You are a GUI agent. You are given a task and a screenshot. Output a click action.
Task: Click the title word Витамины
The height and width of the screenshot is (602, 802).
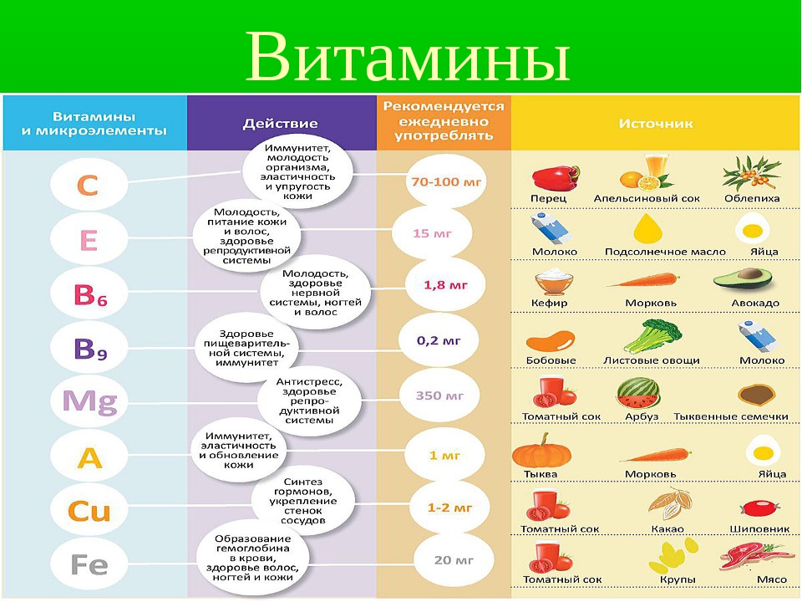pos(408,56)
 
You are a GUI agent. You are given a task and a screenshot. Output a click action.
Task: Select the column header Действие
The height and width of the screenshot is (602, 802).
pos(280,124)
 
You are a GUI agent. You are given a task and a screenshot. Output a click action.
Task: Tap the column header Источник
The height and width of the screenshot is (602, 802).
pos(656,124)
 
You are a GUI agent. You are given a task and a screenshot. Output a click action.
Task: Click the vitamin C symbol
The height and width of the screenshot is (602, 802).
pos(88,185)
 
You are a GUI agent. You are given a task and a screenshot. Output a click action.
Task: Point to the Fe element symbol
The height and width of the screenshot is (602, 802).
pos(89,565)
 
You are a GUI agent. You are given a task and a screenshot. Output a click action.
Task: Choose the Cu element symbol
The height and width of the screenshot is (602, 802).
pos(89,511)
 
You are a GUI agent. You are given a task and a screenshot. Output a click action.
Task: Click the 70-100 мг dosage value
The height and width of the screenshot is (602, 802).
pos(446,181)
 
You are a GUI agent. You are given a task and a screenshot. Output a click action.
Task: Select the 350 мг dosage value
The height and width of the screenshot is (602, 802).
pos(439,395)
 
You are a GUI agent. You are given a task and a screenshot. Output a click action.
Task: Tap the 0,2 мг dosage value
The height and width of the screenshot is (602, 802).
pos(439,340)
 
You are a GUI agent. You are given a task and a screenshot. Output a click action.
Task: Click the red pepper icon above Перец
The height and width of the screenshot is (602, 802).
pos(556,177)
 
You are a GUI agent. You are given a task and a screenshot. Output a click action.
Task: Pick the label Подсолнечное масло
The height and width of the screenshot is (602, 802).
pos(665,252)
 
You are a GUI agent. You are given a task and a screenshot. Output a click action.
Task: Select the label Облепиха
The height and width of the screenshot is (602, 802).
pos(752,199)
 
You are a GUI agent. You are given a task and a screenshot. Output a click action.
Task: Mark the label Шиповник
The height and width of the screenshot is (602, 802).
pos(759,528)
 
